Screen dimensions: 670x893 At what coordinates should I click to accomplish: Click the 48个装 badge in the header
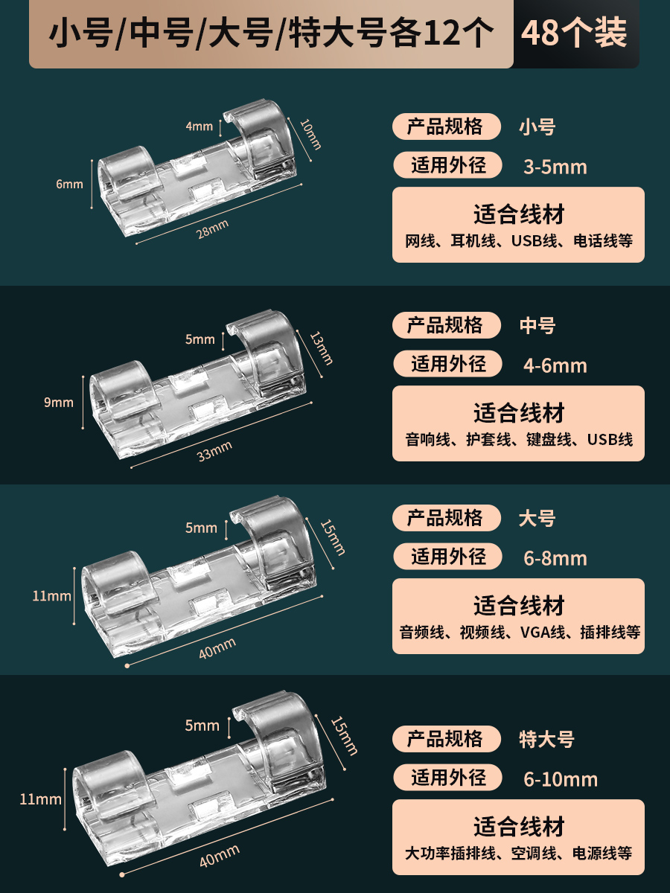click(x=574, y=33)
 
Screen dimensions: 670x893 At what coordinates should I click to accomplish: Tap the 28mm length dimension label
click(x=212, y=229)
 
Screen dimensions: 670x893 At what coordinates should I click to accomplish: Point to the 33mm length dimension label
click(x=214, y=451)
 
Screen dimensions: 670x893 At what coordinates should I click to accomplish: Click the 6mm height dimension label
click(x=69, y=185)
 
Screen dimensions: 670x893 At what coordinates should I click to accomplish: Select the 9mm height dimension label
click(x=59, y=403)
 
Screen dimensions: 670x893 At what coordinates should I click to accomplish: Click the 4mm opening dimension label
click(x=200, y=126)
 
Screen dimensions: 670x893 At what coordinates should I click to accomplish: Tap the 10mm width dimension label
click(x=310, y=135)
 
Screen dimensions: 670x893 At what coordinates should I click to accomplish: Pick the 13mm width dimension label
click(x=322, y=348)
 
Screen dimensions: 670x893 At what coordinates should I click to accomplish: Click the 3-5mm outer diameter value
click(x=555, y=167)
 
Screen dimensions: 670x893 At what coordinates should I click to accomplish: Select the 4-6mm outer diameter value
click(x=555, y=365)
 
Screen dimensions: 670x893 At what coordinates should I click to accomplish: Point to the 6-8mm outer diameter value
click(x=555, y=558)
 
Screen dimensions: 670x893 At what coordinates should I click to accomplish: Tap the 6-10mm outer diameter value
click(x=561, y=779)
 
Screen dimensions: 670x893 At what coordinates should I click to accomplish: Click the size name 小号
click(x=537, y=127)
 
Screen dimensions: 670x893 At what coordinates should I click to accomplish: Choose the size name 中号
click(x=537, y=326)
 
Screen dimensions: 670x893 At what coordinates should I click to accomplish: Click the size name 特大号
click(x=546, y=740)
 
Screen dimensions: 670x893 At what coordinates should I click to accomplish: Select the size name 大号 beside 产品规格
click(x=537, y=519)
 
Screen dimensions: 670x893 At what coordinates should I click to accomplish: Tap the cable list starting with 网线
click(x=519, y=241)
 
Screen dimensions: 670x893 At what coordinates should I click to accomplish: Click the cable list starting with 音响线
click(x=519, y=440)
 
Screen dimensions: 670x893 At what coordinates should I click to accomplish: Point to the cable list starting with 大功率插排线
click(x=519, y=854)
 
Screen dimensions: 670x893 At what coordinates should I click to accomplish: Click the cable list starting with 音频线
click(x=520, y=633)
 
